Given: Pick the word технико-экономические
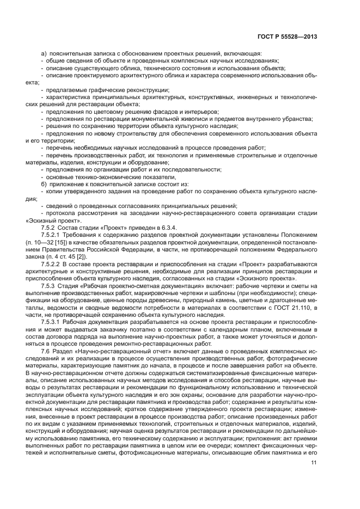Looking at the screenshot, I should (92, 176).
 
